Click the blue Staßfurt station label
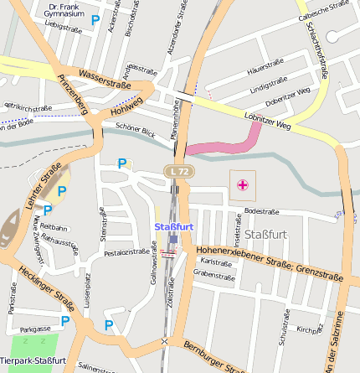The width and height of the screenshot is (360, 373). pos(173,226)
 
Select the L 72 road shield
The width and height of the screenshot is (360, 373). pos(177,172)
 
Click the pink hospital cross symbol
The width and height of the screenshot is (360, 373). pos(243,184)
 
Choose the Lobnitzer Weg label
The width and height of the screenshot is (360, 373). pos(267,121)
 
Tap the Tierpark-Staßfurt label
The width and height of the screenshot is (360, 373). pos(33,360)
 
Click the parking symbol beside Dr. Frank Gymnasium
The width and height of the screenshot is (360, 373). pos(95,18)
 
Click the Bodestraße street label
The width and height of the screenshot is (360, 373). pos(260,211)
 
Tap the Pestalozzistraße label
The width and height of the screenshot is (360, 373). pos(126,251)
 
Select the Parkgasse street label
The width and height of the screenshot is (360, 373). pos(36,329)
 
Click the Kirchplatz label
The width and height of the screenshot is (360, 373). pos(310,329)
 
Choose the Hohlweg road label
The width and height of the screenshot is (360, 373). pos(126,106)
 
